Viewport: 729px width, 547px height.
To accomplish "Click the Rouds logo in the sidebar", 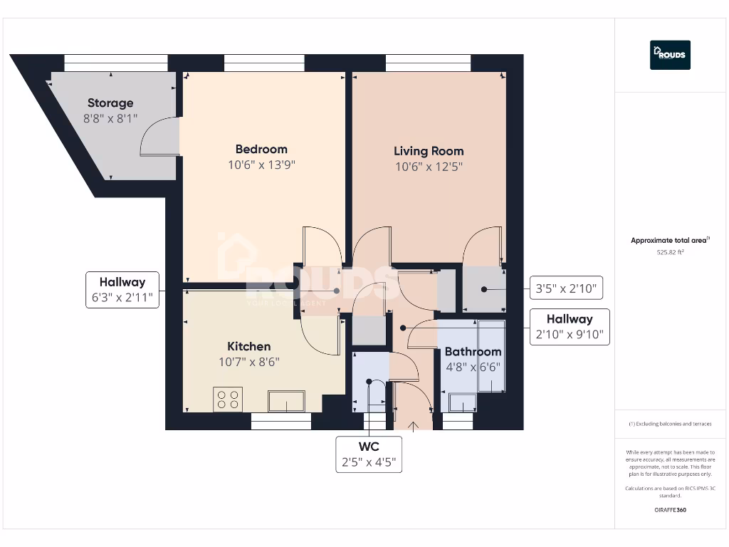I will coord(670,55).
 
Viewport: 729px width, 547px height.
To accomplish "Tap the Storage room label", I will coord(110,103).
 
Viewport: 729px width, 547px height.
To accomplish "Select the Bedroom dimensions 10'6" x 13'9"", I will coord(261,165).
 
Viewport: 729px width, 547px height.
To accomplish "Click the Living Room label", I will coord(429,151).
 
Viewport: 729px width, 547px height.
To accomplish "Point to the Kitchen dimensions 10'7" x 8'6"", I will coord(249,362).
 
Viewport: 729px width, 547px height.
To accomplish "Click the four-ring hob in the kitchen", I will coord(228,399).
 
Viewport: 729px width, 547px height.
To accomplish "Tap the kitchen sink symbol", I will coord(286,401).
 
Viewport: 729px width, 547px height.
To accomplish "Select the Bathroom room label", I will coord(473,352).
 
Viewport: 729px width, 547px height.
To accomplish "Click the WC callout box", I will coord(368,454).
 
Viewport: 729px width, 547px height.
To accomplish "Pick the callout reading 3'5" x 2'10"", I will coord(567,290).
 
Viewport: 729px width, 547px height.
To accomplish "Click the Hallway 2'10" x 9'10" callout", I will coord(569,327).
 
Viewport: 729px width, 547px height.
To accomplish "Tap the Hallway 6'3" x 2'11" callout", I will coord(122,290).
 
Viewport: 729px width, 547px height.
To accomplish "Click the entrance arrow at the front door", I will coord(414,426).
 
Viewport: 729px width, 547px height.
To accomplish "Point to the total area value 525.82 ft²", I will coord(669,252).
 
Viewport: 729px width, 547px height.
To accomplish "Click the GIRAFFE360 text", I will coord(669,510).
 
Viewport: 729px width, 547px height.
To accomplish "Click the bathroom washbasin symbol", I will coord(462,405).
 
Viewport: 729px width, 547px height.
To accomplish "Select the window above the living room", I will coord(428,63).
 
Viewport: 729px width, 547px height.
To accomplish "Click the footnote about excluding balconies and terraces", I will coord(669,424).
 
